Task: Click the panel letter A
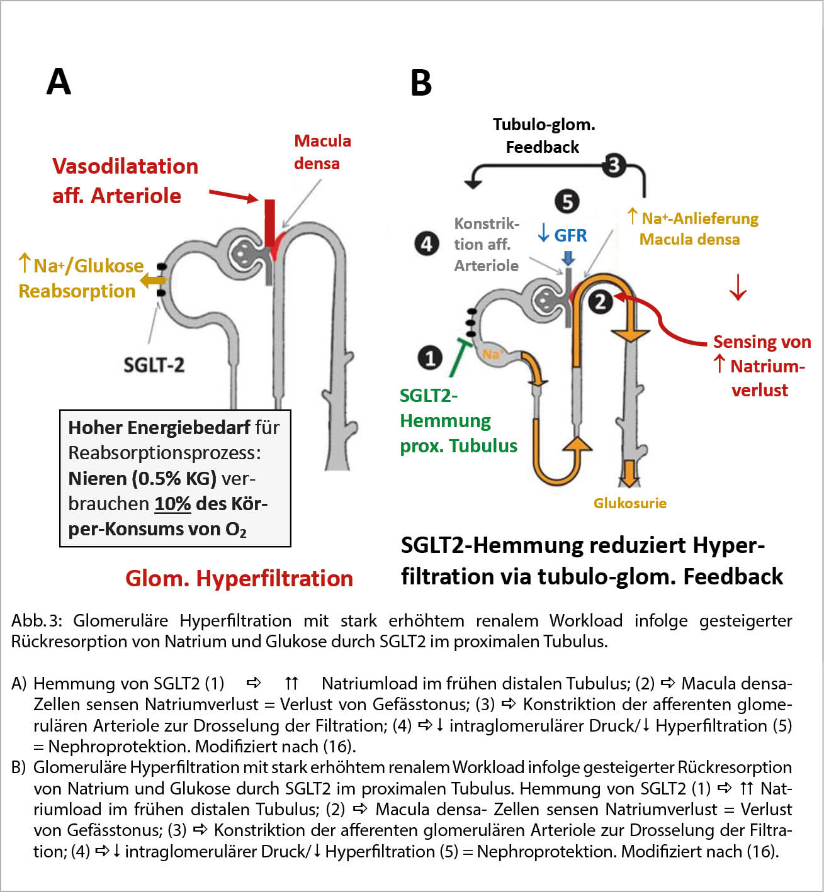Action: click(x=59, y=82)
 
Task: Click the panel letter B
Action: click(x=421, y=82)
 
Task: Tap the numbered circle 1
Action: click(x=430, y=357)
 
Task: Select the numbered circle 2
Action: click(x=601, y=302)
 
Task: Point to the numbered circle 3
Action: click(x=614, y=165)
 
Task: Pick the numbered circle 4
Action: click(x=427, y=243)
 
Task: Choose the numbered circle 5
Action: click(x=567, y=202)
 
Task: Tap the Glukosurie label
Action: click(x=629, y=503)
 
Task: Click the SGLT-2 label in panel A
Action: click(x=154, y=365)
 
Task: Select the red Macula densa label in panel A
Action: click(x=322, y=152)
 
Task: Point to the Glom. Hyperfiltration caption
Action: click(x=239, y=578)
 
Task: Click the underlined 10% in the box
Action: click(x=172, y=504)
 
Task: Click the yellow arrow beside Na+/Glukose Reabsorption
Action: click(x=152, y=281)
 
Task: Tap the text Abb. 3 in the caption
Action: click(x=37, y=621)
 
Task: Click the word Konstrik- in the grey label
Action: click(x=487, y=224)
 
